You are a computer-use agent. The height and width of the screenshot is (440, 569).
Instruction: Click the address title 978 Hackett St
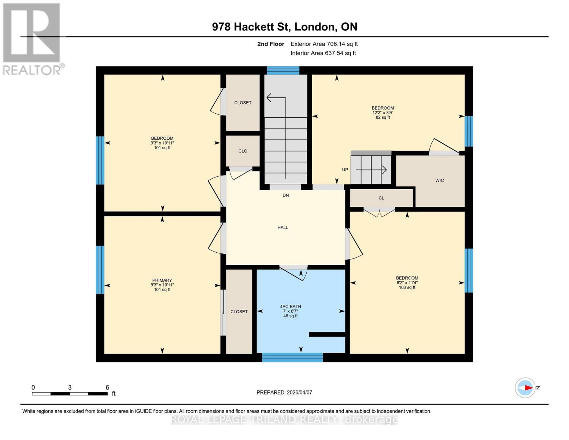click(x=284, y=27)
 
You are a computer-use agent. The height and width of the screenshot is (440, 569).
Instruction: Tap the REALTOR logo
click(x=32, y=38)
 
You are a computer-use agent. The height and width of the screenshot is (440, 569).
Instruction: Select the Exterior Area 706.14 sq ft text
click(x=324, y=44)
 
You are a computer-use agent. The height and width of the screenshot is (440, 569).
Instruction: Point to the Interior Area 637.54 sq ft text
click(x=323, y=53)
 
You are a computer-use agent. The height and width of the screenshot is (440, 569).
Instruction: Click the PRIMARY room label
click(x=162, y=280)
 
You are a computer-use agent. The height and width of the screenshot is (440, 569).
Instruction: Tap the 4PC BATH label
click(x=290, y=307)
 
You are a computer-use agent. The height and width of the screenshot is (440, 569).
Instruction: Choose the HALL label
click(x=282, y=228)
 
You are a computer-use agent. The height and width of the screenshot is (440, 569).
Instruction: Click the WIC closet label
click(x=439, y=180)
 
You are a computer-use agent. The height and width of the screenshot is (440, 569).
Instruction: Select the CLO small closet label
click(x=243, y=151)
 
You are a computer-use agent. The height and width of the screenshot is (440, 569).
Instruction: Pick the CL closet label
click(x=381, y=198)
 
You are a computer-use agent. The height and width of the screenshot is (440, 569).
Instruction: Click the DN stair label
click(x=285, y=195)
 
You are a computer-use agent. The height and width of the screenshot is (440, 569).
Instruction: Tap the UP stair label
click(x=345, y=170)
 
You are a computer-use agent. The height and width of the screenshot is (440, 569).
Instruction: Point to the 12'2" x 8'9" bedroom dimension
click(x=383, y=113)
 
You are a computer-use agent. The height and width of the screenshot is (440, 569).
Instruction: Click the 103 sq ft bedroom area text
click(x=407, y=287)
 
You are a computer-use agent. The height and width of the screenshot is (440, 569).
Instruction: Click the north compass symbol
click(x=525, y=388)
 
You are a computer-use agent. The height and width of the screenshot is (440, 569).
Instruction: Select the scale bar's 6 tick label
click(x=107, y=388)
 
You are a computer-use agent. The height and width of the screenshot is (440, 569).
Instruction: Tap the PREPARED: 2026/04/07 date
click(x=284, y=392)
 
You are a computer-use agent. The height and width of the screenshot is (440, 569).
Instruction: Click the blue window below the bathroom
click(x=292, y=357)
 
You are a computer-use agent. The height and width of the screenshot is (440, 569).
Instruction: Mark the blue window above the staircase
click(x=283, y=70)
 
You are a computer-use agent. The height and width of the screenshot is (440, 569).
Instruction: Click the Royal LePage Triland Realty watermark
click(x=284, y=419)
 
